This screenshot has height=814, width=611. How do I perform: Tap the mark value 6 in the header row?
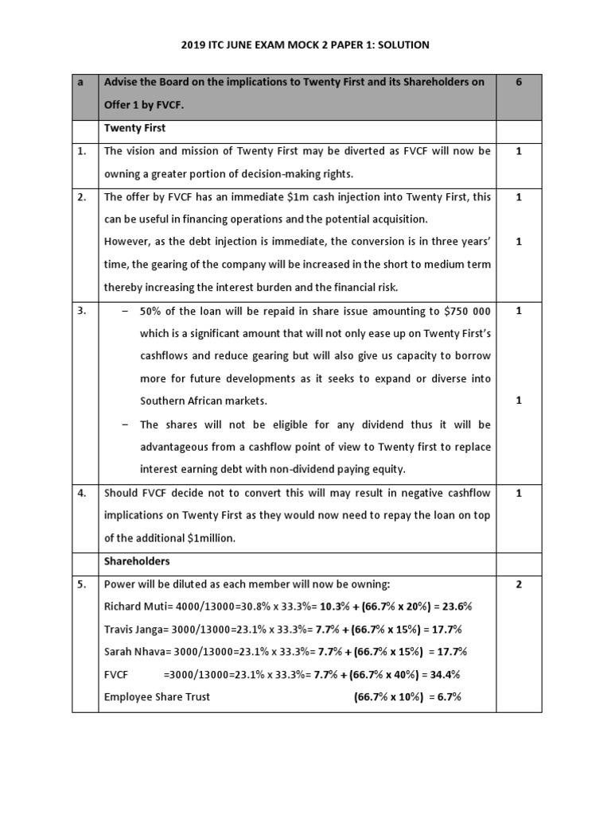coord(519,83)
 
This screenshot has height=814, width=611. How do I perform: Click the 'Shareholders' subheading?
coord(136,561)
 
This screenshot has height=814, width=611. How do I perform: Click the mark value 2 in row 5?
coord(519,584)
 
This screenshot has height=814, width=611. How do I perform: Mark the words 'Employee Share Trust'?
coord(157,697)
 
